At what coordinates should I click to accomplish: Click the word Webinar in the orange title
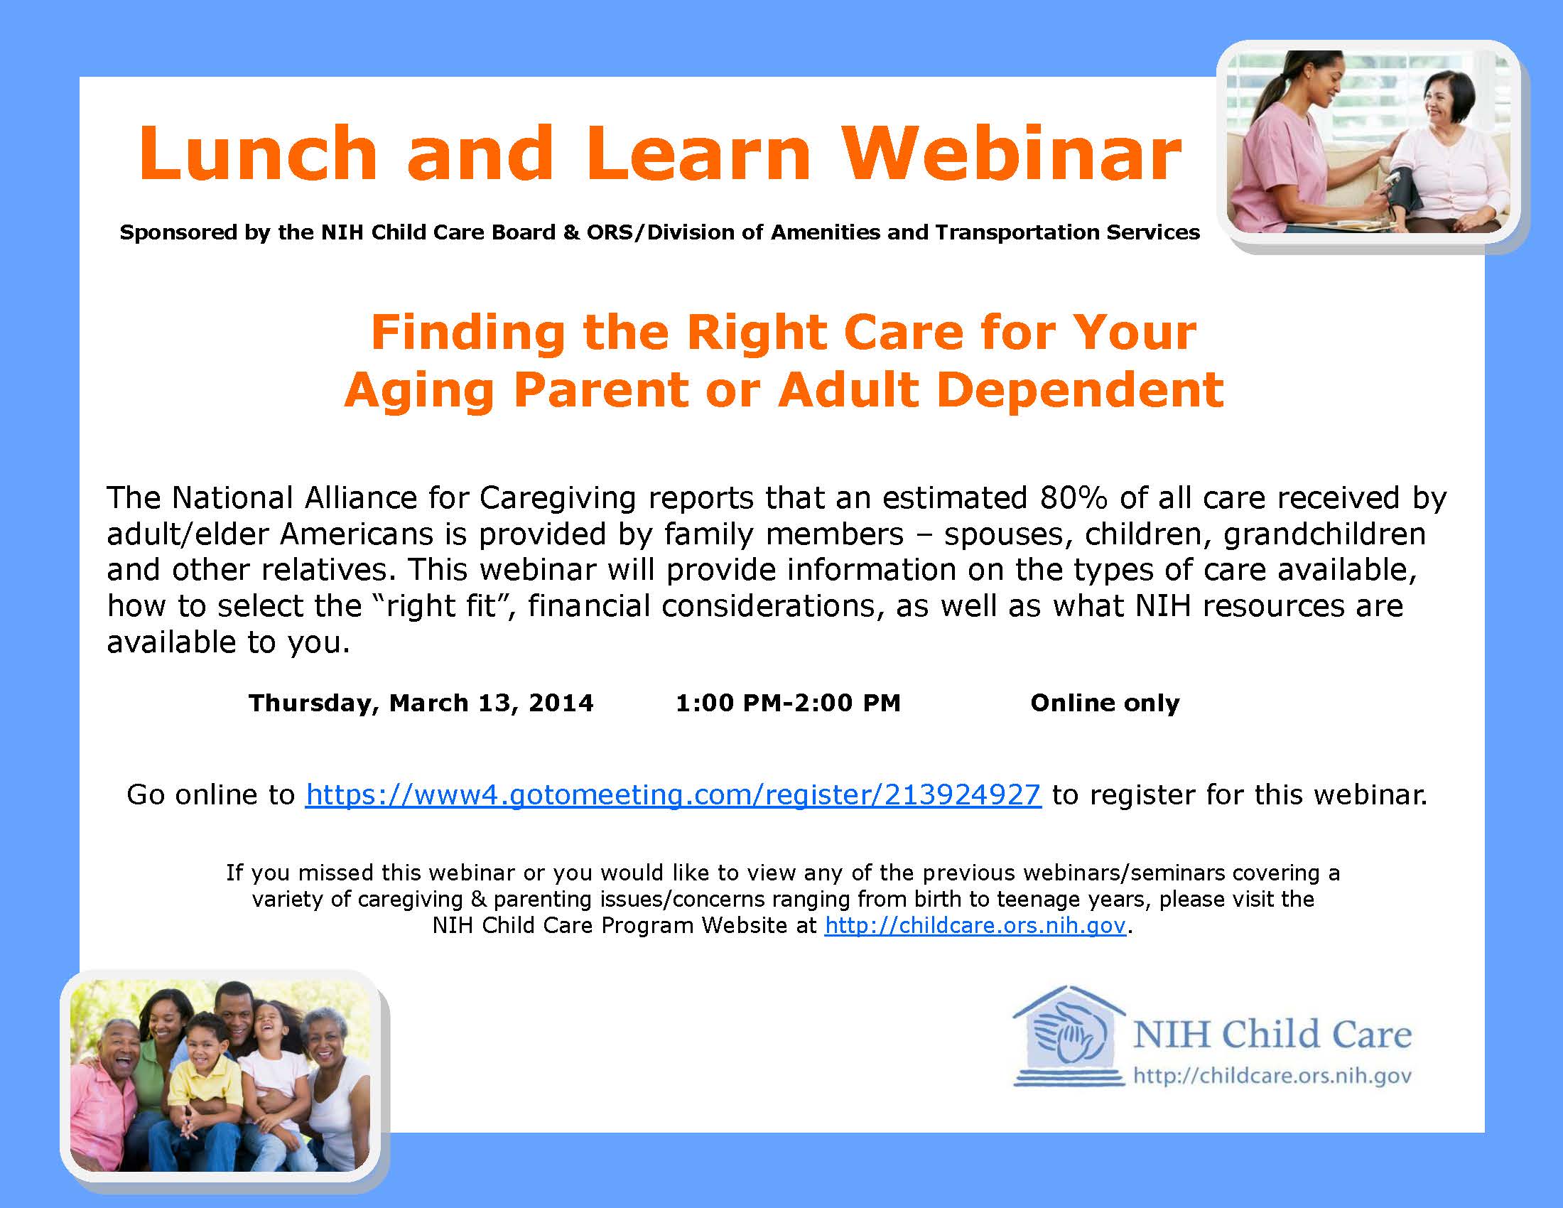click(1011, 153)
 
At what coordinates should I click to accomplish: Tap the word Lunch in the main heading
click(258, 153)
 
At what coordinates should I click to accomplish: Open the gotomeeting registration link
click(673, 794)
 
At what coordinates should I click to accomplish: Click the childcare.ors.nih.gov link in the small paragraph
click(975, 925)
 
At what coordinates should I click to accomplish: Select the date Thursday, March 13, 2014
click(421, 703)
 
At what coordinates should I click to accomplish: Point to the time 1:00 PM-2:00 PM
click(788, 703)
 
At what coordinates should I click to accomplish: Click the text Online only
click(1105, 703)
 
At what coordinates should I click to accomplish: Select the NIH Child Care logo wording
click(1272, 1034)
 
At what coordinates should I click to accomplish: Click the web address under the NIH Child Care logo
click(1272, 1077)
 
